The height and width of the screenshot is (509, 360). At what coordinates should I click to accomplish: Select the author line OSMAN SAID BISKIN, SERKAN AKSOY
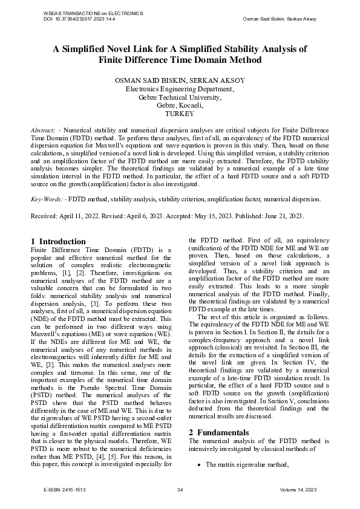(x=180, y=80)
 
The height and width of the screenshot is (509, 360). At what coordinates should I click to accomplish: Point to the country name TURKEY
(x=180, y=114)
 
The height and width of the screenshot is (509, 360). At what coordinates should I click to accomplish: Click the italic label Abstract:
(x=44, y=130)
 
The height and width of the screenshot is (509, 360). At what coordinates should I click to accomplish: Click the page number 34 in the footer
(x=180, y=490)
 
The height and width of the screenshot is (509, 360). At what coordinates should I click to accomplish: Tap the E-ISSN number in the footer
(x=74, y=490)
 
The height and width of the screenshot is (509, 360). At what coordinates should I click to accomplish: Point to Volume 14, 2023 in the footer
(x=299, y=490)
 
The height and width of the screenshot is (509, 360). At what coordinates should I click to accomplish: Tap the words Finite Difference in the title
(x=136, y=60)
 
